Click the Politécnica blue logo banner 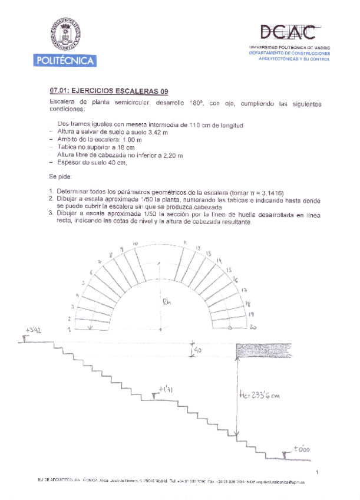(x=65, y=60)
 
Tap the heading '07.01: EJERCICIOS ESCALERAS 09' (x=110, y=91)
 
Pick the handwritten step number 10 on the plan (x=135, y=244)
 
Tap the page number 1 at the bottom (x=316, y=472)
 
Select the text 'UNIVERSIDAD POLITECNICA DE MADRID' (x=289, y=46)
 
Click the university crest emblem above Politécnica (x=64, y=34)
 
